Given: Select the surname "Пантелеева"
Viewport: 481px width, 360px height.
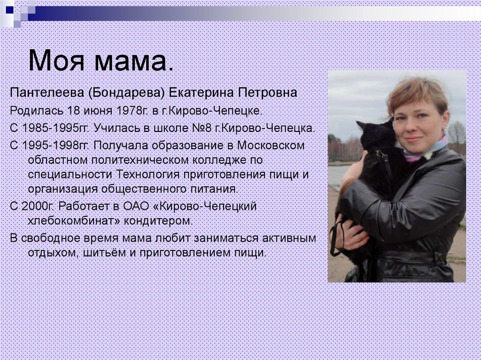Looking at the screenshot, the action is (x=47, y=92).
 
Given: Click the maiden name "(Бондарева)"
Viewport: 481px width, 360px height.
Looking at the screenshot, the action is (x=126, y=93).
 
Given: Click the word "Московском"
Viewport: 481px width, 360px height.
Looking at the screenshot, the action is (x=271, y=145).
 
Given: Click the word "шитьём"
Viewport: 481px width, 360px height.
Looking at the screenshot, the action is (x=104, y=253).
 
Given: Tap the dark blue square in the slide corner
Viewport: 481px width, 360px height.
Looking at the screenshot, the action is (x=9, y=10).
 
